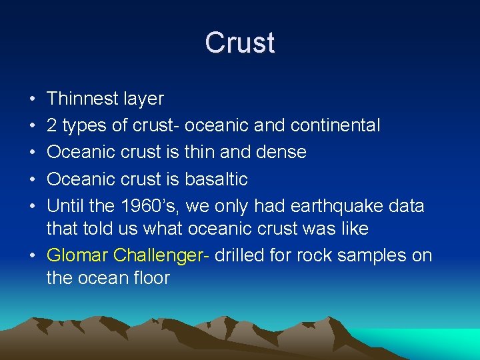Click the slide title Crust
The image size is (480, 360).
(239, 43)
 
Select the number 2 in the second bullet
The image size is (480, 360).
(51, 125)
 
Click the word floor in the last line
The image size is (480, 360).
(152, 278)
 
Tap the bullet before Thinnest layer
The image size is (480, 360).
(33, 99)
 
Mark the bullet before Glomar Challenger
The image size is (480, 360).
(33, 256)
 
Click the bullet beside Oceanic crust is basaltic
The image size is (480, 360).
(33, 179)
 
